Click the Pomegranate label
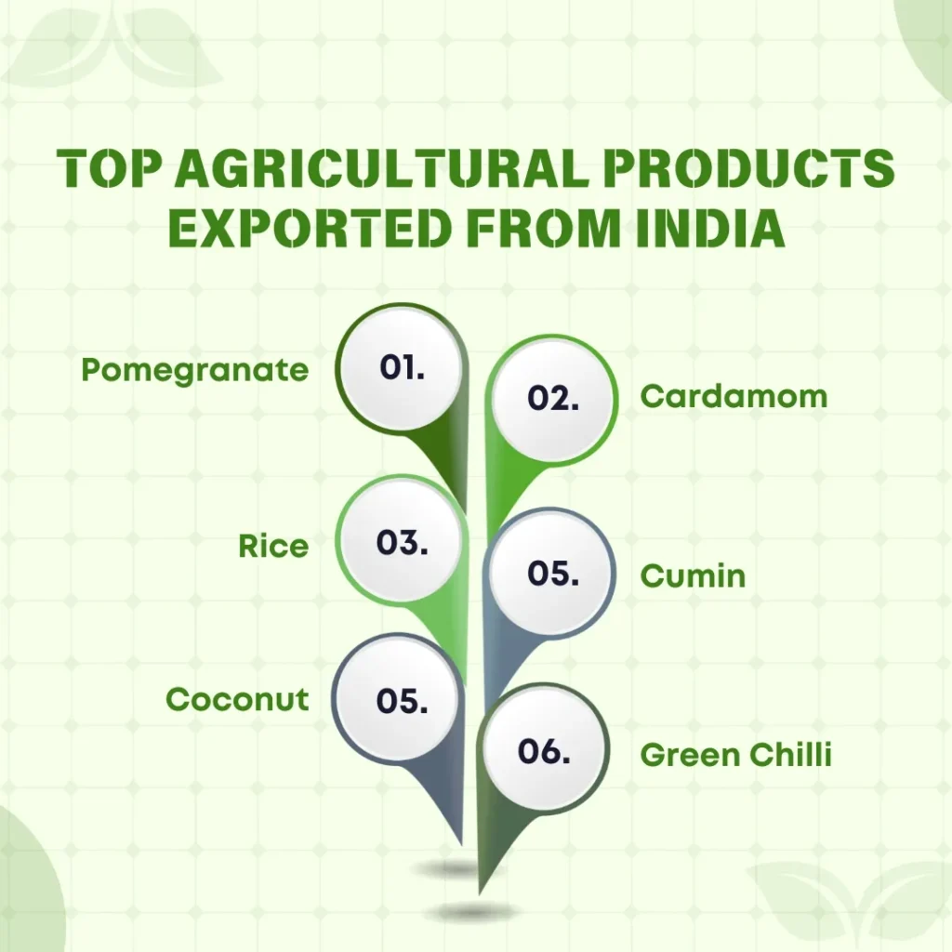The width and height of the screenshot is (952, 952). [x=194, y=370]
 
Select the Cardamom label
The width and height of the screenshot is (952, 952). [x=734, y=397]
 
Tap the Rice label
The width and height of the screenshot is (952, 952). [x=273, y=546]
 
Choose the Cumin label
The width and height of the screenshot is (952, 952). [x=693, y=576]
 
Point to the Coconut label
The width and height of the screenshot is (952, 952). [x=237, y=699]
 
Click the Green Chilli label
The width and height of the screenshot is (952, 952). [x=735, y=755]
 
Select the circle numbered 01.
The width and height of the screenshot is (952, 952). [x=402, y=368]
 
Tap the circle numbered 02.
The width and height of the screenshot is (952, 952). [x=552, y=399]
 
